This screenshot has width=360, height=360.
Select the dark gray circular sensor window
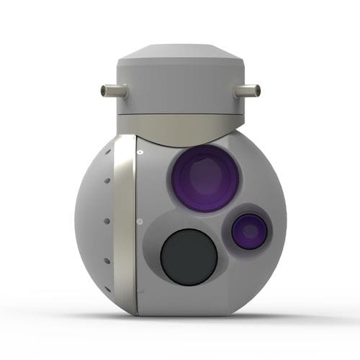click(188, 256)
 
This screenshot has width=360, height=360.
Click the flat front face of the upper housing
click(180, 90)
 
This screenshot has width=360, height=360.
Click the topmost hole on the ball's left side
click(109, 153)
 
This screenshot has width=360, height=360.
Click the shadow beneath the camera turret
click(180, 320)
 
